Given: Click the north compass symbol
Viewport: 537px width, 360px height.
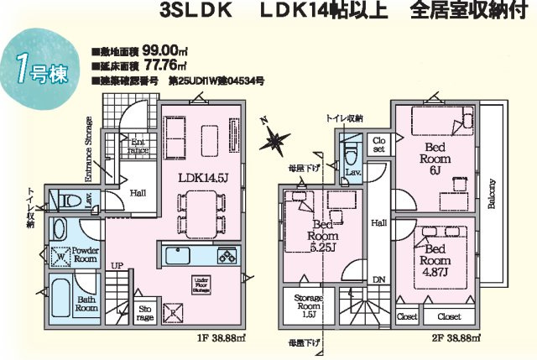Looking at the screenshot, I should pos(274,138).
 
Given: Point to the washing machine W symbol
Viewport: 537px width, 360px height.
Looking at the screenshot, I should pos(60,257).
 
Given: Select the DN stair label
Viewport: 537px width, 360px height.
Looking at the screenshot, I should pos(378,280).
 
